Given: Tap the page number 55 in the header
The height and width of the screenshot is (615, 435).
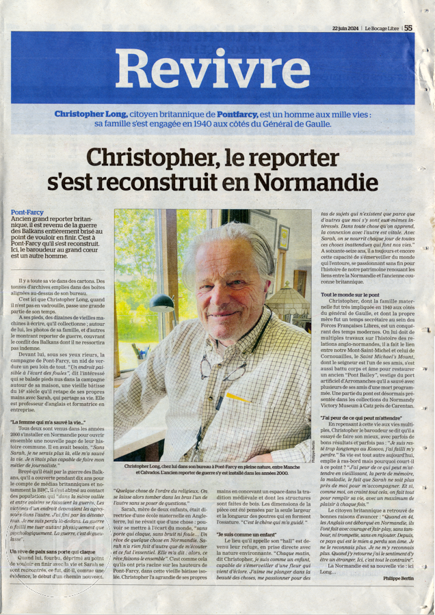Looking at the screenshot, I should tap(408, 28).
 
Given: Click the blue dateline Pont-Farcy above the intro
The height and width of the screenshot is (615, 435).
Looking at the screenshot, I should tap(27, 213).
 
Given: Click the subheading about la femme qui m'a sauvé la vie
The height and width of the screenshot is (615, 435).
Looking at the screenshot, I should tap(48, 423).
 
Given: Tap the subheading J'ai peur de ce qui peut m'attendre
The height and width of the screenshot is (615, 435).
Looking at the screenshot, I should tap(360, 416).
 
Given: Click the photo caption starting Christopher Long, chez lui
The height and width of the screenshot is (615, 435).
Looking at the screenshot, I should tap(213, 469).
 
